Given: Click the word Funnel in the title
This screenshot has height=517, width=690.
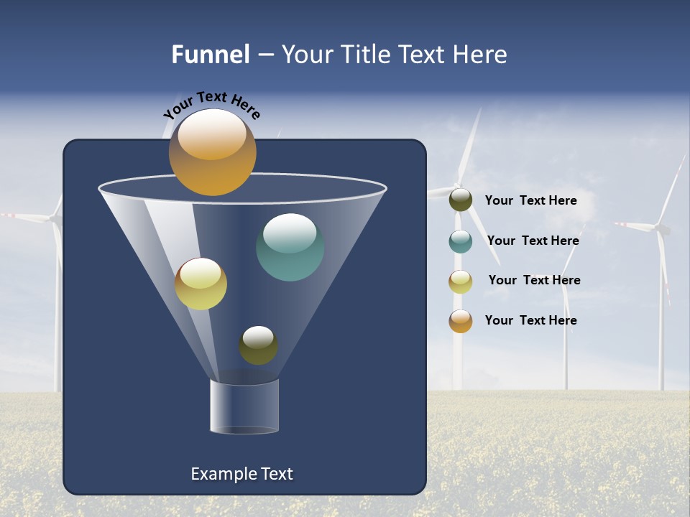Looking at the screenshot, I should pos(210,55).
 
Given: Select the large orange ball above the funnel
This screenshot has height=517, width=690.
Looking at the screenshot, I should pos(212,152).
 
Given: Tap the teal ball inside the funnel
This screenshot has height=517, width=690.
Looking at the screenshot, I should pos(290,247).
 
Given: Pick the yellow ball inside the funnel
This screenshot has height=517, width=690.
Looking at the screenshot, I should pos(201,284).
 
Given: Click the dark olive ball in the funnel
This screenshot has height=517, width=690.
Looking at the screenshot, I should pos(258,345).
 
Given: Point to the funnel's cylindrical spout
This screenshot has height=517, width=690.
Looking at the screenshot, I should pos(244,406).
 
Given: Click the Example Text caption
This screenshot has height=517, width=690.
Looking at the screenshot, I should pos(241,474).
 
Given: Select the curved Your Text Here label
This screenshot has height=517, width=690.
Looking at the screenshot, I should pos(211,105).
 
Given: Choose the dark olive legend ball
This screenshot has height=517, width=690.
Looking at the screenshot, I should pos(460,200).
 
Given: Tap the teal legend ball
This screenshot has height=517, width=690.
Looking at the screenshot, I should pos(460,241).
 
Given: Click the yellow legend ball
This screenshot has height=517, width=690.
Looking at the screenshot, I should pos(460,281).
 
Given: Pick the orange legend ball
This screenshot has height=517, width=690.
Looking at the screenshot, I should pos(460,320).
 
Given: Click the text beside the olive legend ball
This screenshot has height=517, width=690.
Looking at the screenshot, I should pos(530,201).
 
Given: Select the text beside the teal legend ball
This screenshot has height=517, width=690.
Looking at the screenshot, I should pos(533,241).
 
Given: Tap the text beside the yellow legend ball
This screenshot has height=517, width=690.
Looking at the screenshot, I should pos(534,280).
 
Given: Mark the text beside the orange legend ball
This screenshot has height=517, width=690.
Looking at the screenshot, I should pos(530,320).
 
